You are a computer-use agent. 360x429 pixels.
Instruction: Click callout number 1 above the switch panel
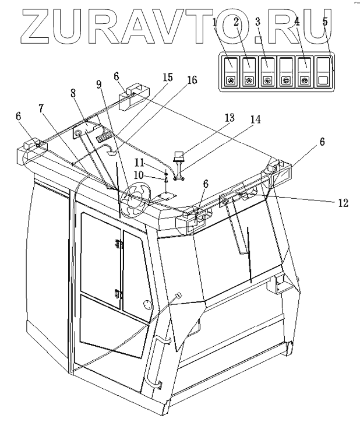pyautogui.click(x=215, y=23)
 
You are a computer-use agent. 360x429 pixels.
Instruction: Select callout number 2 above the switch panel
pyautogui.click(x=236, y=23)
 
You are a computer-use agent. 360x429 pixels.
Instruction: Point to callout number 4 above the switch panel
pyautogui.click(x=297, y=23)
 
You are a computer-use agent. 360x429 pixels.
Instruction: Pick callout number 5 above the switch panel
pyautogui.click(x=324, y=23)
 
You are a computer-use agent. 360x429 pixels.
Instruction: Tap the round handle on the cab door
pyautogui.click(x=147, y=305)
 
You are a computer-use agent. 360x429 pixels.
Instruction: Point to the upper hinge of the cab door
pyautogui.click(x=120, y=246)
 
